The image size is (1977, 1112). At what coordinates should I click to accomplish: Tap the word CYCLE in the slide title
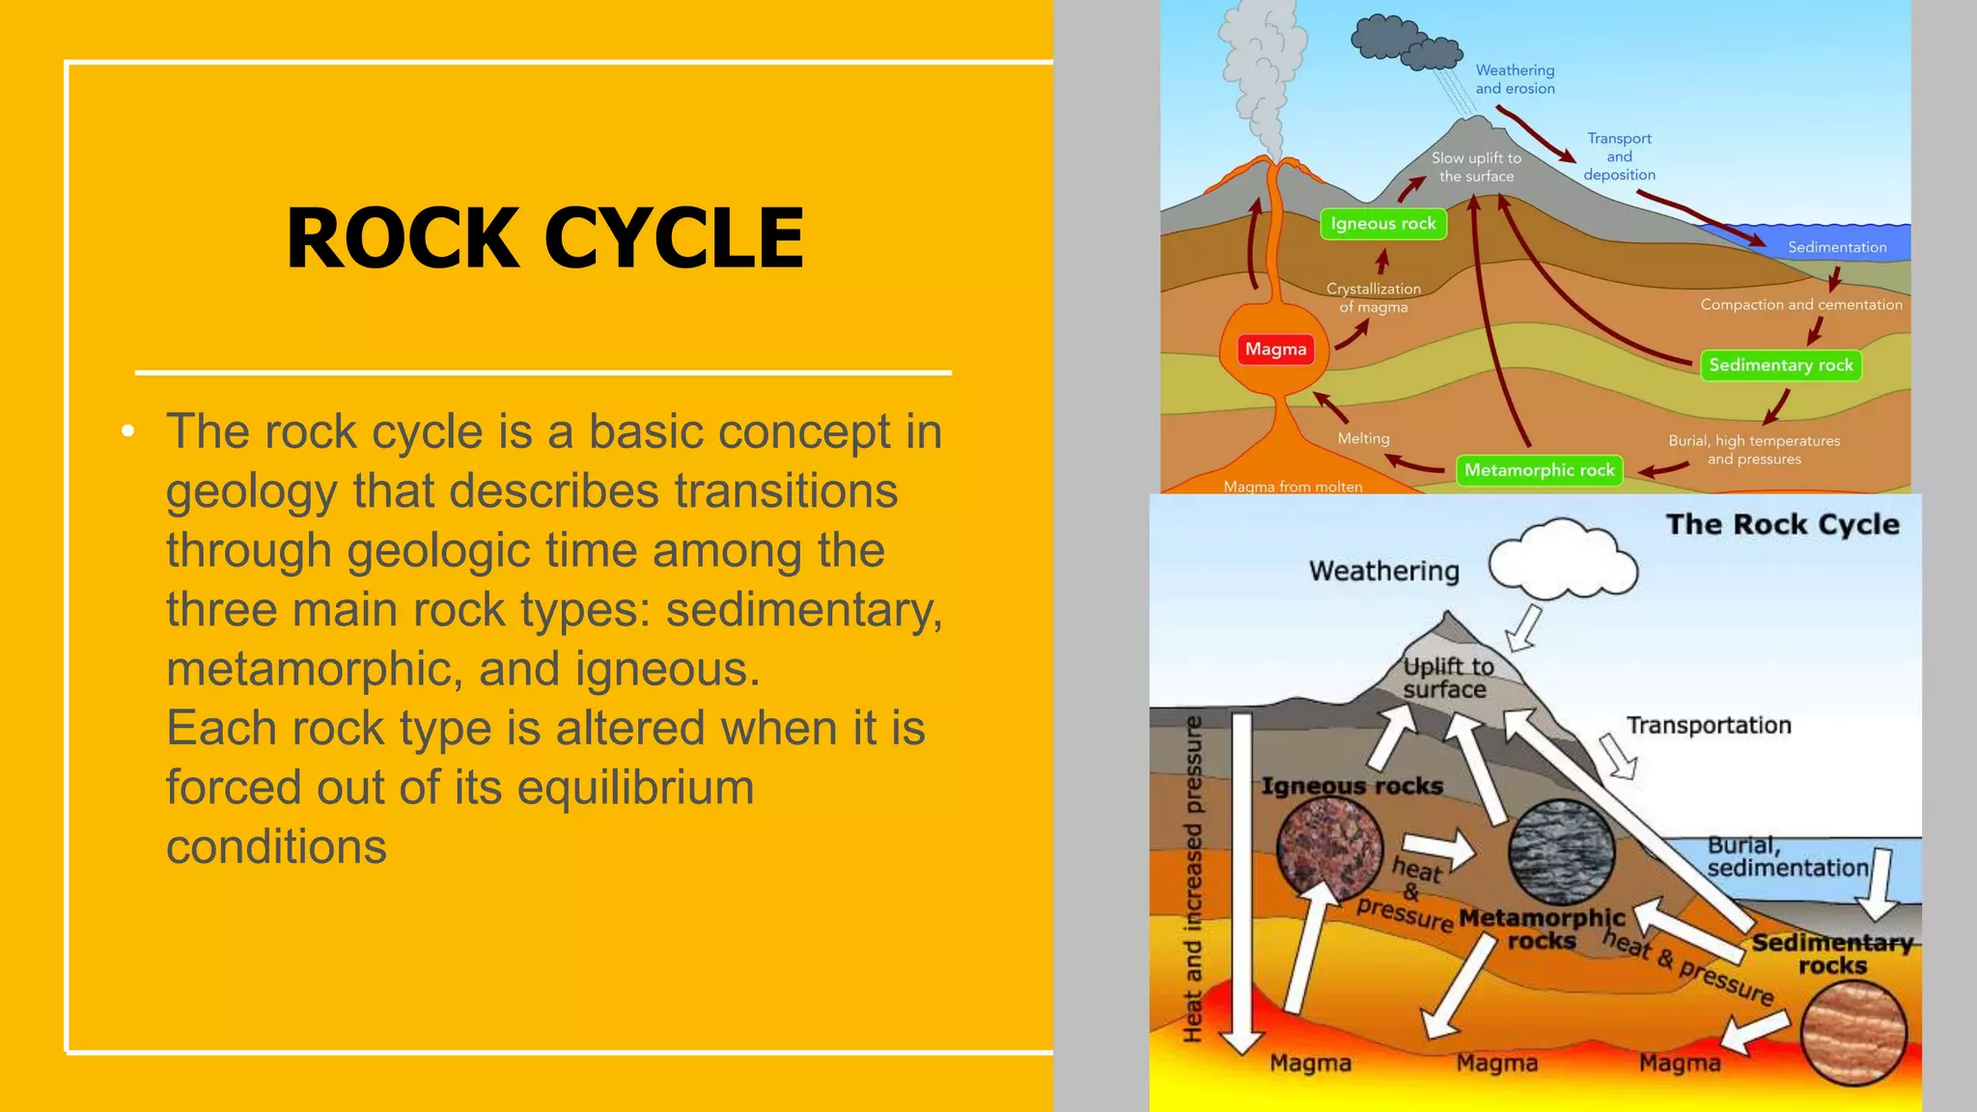tap(674, 238)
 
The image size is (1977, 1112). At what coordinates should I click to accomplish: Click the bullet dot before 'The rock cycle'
tap(128, 431)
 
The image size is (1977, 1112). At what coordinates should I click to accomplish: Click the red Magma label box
tap(1275, 349)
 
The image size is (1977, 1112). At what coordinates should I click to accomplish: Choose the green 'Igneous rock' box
tap(1382, 224)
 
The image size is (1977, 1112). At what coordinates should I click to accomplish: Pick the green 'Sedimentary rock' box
tap(1780, 365)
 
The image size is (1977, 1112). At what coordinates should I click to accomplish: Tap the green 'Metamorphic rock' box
tap(1539, 470)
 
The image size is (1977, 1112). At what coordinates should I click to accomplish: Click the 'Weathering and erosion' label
tap(1515, 79)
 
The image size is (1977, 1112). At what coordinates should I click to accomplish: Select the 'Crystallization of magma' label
tap(1373, 297)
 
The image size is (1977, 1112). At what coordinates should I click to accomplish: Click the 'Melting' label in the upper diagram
tap(1363, 438)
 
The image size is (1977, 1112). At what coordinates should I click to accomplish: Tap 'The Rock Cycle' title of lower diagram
tap(1782, 524)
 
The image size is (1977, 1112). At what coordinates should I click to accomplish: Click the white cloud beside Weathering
tap(1563, 559)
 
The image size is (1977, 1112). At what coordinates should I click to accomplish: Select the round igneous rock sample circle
tap(1329, 847)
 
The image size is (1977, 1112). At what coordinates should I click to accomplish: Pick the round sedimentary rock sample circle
tap(1853, 1033)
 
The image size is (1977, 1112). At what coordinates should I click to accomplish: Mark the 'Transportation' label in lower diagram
tap(1709, 725)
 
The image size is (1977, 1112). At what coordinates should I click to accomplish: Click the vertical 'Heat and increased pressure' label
tap(1193, 878)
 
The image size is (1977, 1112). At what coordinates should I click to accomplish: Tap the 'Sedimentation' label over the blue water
tap(1836, 247)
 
